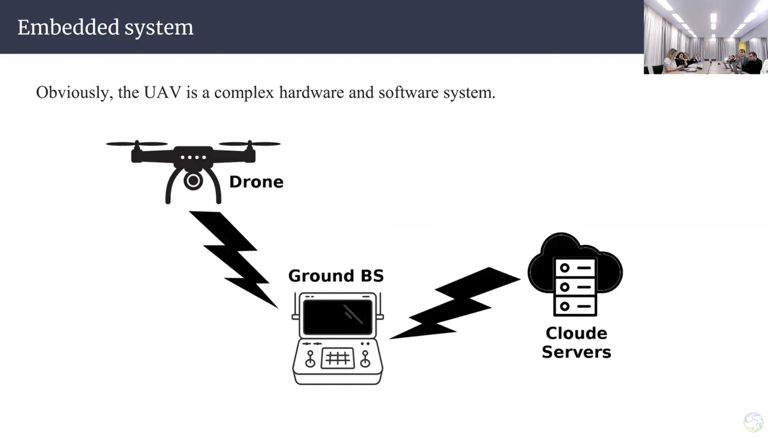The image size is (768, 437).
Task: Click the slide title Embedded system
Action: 105,28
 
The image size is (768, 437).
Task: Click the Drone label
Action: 256,182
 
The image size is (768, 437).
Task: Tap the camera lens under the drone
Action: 193,181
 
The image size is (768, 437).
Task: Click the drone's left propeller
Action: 137,144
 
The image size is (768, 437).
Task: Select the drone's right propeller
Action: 250,144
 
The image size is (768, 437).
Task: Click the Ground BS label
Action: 336,276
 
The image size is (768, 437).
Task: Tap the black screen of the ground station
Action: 338,317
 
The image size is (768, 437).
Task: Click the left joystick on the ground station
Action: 310,358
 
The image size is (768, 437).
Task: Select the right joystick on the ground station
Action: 365,358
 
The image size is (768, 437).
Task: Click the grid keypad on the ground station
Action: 338,358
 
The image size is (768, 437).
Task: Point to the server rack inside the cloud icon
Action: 575,286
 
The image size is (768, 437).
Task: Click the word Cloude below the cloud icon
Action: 576,334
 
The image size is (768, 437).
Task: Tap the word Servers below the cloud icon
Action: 576,353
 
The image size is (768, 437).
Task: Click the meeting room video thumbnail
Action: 705,37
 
